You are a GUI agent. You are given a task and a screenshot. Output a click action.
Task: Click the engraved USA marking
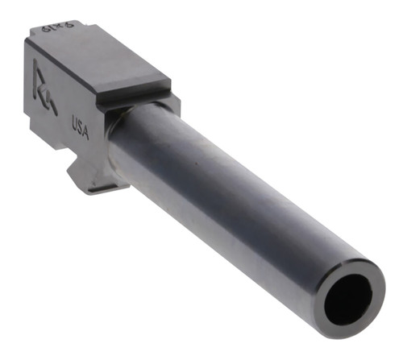click(80, 126)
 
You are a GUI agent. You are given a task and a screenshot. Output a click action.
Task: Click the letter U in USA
click(74, 122)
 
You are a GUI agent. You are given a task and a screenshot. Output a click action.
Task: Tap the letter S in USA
click(80, 126)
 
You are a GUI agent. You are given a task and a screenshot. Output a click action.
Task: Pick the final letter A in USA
click(86, 130)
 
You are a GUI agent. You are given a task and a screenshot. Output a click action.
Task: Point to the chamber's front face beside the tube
click(165, 109)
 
